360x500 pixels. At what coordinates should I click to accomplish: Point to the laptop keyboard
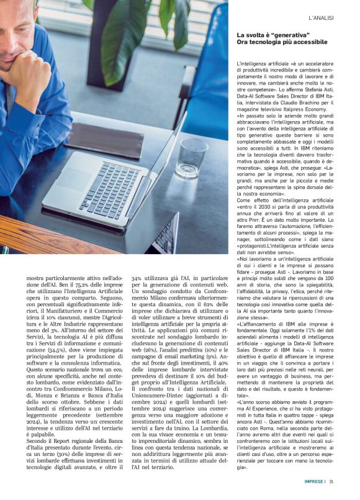pos(110,189)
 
